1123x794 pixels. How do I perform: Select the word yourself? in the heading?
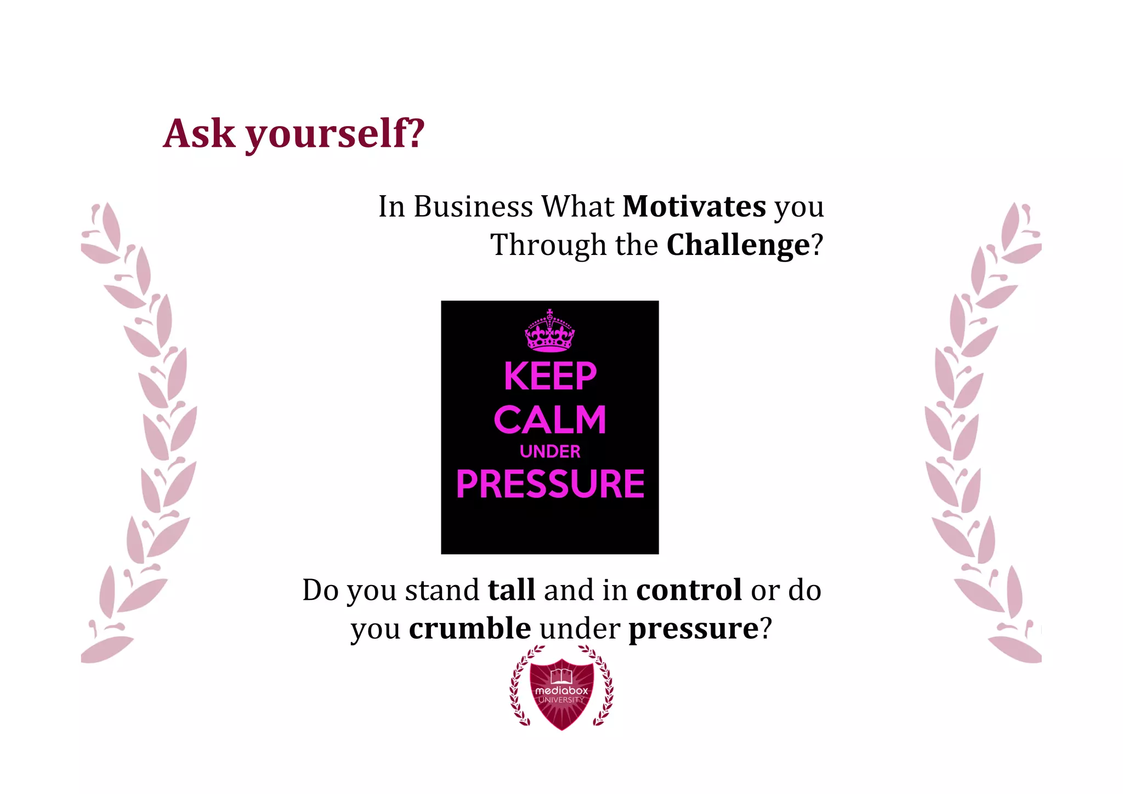click(334, 134)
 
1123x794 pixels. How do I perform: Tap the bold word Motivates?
click(694, 207)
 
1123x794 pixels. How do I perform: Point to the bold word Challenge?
click(738, 245)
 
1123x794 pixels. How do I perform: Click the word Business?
click(473, 207)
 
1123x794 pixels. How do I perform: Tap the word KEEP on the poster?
click(550, 376)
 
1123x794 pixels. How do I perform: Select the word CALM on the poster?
click(550, 420)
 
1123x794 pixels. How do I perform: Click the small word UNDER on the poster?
click(550, 451)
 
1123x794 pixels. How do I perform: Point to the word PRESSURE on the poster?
click(550, 484)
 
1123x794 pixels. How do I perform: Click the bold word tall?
click(511, 590)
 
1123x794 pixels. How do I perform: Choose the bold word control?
click(689, 590)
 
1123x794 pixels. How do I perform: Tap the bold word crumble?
click(470, 628)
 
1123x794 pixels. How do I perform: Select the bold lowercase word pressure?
click(693, 629)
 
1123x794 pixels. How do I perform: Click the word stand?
click(442, 590)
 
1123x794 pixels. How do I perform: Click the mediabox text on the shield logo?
click(561, 690)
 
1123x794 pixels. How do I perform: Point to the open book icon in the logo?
click(561, 676)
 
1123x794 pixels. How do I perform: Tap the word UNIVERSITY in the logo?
click(561, 700)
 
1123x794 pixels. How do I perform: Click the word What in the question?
click(578, 207)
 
